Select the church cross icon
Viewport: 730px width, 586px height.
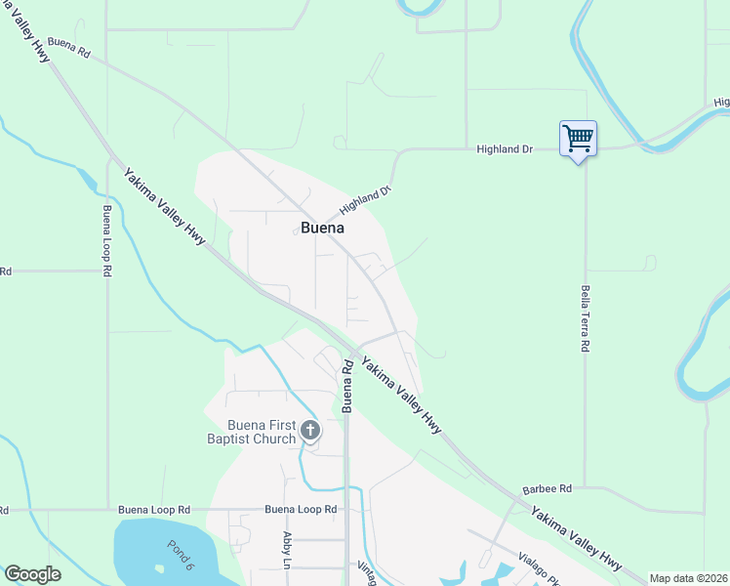pyautogui.click(x=310, y=430)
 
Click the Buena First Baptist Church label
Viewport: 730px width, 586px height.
pyautogui.click(x=261, y=432)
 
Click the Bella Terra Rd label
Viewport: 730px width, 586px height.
pyautogui.click(x=585, y=318)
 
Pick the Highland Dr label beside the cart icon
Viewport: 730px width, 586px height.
pyautogui.click(x=505, y=149)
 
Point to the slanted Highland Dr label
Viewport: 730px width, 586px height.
pyautogui.click(x=365, y=200)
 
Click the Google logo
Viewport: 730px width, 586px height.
pyautogui.click(x=32, y=574)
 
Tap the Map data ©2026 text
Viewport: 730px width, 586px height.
pyautogui.click(x=688, y=578)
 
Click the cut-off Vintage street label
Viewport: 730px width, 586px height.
pyautogui.click(x=365, y=573)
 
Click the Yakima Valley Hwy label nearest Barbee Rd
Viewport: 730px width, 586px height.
pyautogui.click(x=576, y=538)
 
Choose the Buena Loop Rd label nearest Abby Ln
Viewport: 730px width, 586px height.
pyautogui.click(x=301, y=510)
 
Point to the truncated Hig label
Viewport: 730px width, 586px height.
pyautogui.click(x=721, y=102)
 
